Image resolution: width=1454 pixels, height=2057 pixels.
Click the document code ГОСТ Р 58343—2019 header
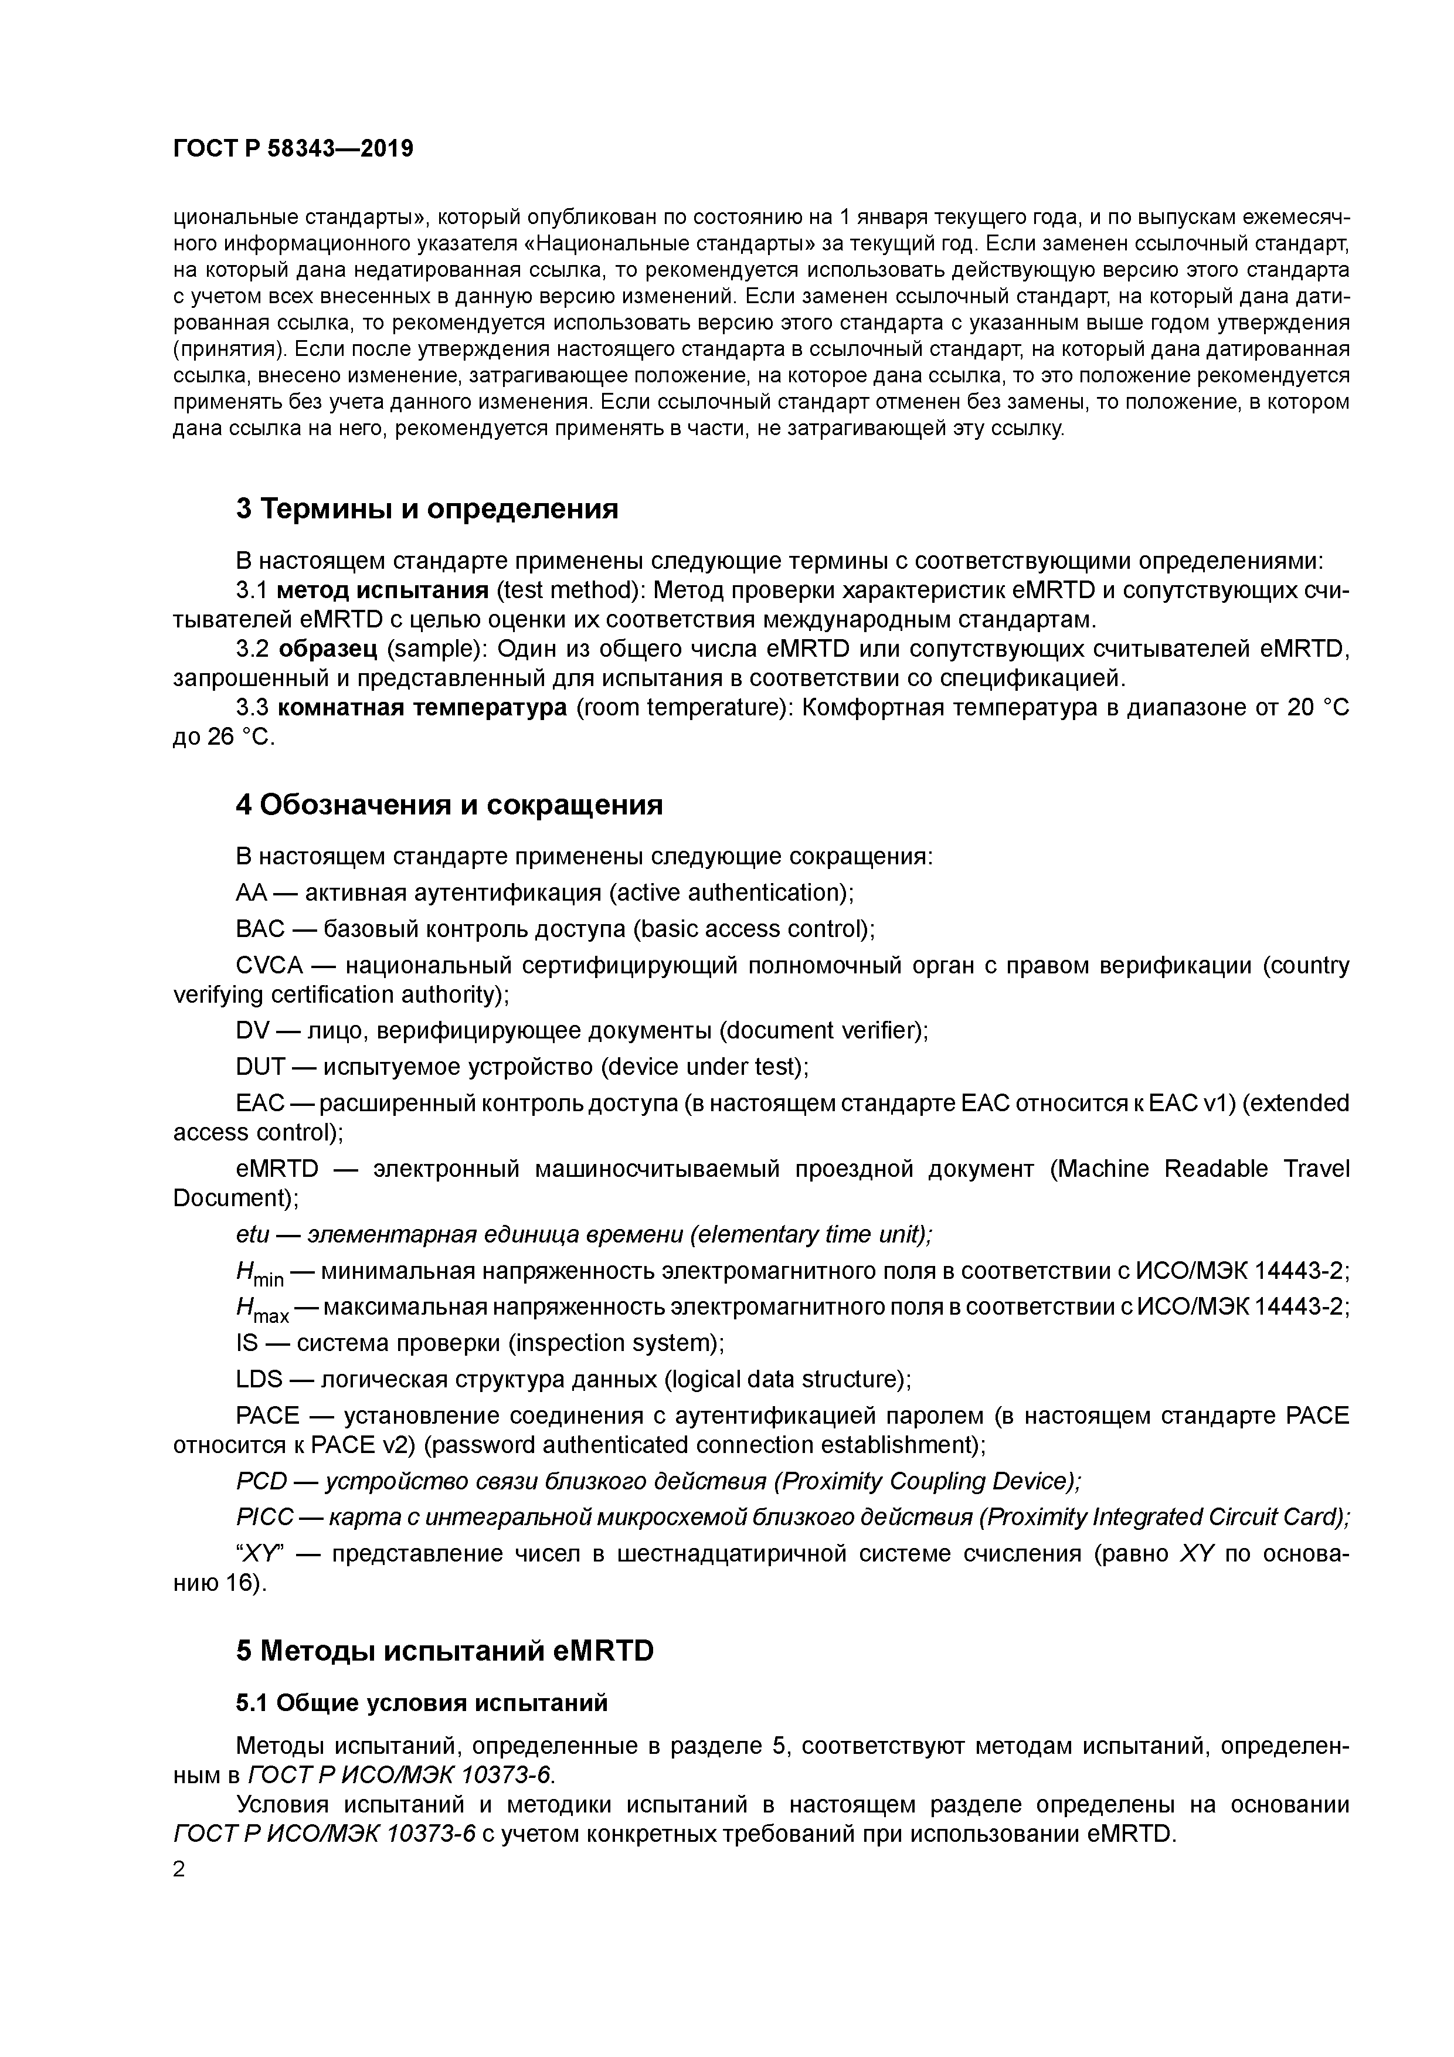click(293, 149)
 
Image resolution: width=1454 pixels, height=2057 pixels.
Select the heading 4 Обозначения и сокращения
click(449, 805)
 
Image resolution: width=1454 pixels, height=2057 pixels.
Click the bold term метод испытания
click(382, 590)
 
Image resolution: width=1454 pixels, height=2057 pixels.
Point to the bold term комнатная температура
click(422, 708)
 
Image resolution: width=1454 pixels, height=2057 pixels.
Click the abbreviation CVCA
click(270, 966)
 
